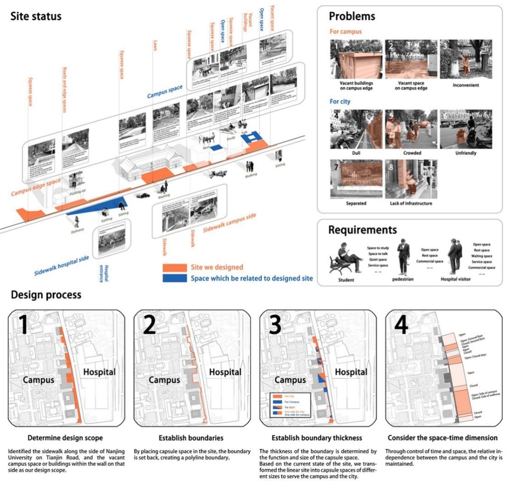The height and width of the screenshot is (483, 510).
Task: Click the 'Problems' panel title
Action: [352, 17]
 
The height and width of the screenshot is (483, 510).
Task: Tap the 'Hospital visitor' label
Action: [455, 279]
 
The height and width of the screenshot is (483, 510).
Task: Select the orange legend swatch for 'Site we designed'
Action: [174, 267]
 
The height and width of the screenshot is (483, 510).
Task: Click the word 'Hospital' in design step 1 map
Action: [99, 372]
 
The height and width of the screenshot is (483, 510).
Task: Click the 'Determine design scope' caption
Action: [65, 438]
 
